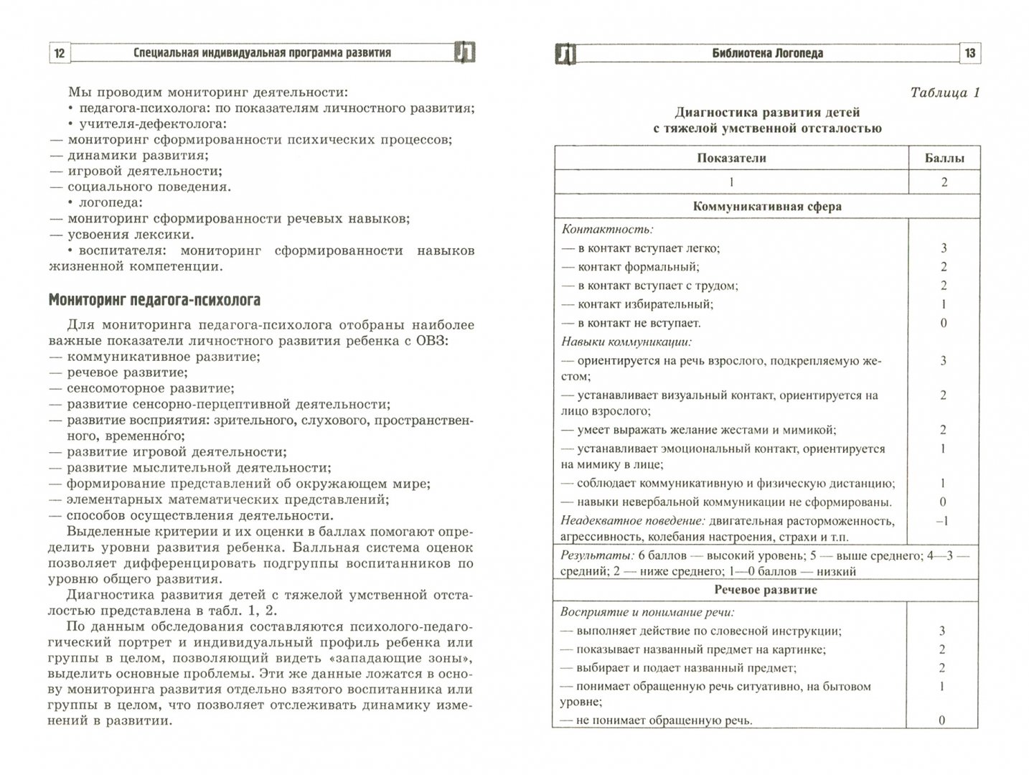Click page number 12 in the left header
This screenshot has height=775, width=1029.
click(60, 53)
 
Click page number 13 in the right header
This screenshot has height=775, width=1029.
click(969, 53)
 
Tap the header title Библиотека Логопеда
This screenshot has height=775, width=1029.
click(767, 53)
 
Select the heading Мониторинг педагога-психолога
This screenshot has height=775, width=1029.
click(154, 300)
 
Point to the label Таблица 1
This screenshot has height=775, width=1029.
click(944, 93)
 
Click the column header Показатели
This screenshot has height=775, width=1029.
click(731, 159)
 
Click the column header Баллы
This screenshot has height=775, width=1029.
click(944, 159)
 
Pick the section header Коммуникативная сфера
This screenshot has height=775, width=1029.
click(767, 207)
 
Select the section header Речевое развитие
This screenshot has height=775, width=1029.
click(766, 590)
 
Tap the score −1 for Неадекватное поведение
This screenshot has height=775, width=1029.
click(943, 521)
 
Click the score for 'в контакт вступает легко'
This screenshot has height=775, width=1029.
click(944, 248)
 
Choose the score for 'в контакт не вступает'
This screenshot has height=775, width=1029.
click(944, 323)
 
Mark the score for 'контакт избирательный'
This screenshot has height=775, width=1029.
click(944, 304)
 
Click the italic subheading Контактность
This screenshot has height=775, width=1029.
click(607, 230)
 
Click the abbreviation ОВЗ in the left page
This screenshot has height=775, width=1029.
click(429, 341)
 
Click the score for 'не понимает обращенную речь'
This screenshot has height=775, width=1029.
click(943, 720)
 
